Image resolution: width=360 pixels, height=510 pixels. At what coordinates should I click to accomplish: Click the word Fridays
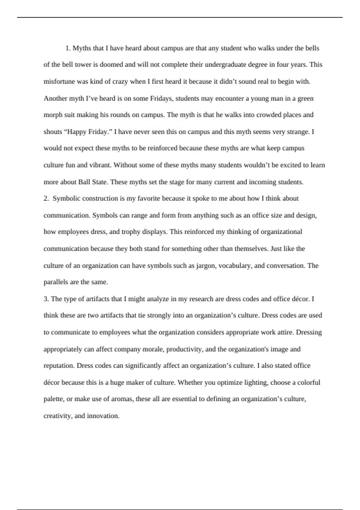pos(161,98)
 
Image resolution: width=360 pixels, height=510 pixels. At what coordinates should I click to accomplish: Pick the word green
pos(305,98)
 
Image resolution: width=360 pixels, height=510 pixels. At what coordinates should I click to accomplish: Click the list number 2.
pos(46,199)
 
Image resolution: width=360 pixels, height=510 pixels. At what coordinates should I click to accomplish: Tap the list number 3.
pos(46,299)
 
